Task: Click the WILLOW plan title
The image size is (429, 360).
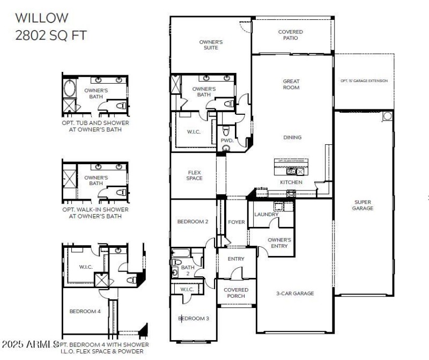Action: tap(42, 18)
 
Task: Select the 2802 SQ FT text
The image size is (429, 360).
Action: tap(50, 35)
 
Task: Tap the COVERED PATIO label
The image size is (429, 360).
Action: tap(290, 35)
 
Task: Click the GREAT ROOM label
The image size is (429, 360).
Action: tap(291, 84)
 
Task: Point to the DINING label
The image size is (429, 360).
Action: tap(292, 137)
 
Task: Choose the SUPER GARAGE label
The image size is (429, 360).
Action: tap(363, 205)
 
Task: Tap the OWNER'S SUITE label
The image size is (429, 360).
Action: tap(211, 45)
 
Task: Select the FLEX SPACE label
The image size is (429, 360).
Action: tap(194, 175)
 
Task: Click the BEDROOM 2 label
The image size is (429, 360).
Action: tap(193, 222)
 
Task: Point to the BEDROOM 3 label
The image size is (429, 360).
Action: tap(194, 319)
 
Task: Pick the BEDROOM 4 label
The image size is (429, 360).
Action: tap(85, 311)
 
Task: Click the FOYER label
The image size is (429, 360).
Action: tap(236, 222)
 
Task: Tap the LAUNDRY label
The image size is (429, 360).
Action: tap(266, 215)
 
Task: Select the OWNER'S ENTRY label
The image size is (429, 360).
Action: tap(279, 243)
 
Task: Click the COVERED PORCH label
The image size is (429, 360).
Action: tap(236, 292)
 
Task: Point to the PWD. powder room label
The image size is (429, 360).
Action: tap(226, 141)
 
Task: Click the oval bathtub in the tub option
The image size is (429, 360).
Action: tap(70, 88)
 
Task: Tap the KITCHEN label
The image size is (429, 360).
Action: tap(291, 182)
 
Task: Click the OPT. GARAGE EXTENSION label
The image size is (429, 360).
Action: tap(364, 81)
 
